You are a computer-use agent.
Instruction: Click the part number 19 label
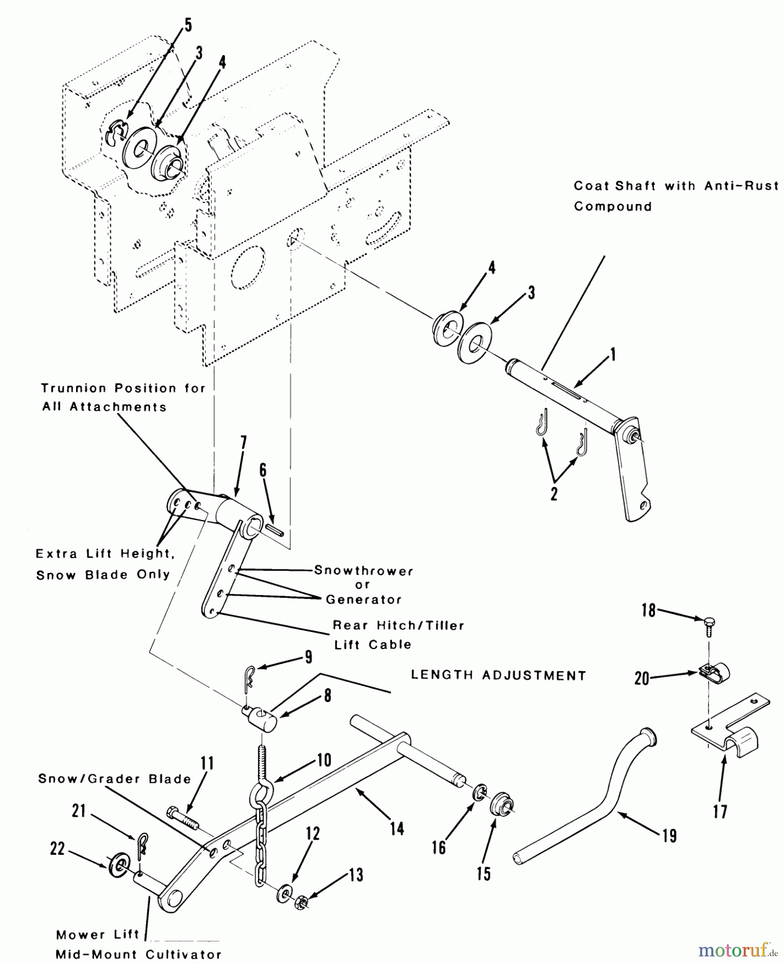[x=669, y=835]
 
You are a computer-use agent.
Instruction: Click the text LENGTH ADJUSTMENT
[x=498, y=675]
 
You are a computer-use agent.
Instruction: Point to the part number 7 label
[x=244, y=443]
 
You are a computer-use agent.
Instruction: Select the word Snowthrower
[x=364, y=570]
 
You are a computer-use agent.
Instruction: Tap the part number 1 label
[x=613, y=355]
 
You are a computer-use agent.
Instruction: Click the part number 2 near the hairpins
[x=554, y=493]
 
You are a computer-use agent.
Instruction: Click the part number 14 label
[x=397, y=829]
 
